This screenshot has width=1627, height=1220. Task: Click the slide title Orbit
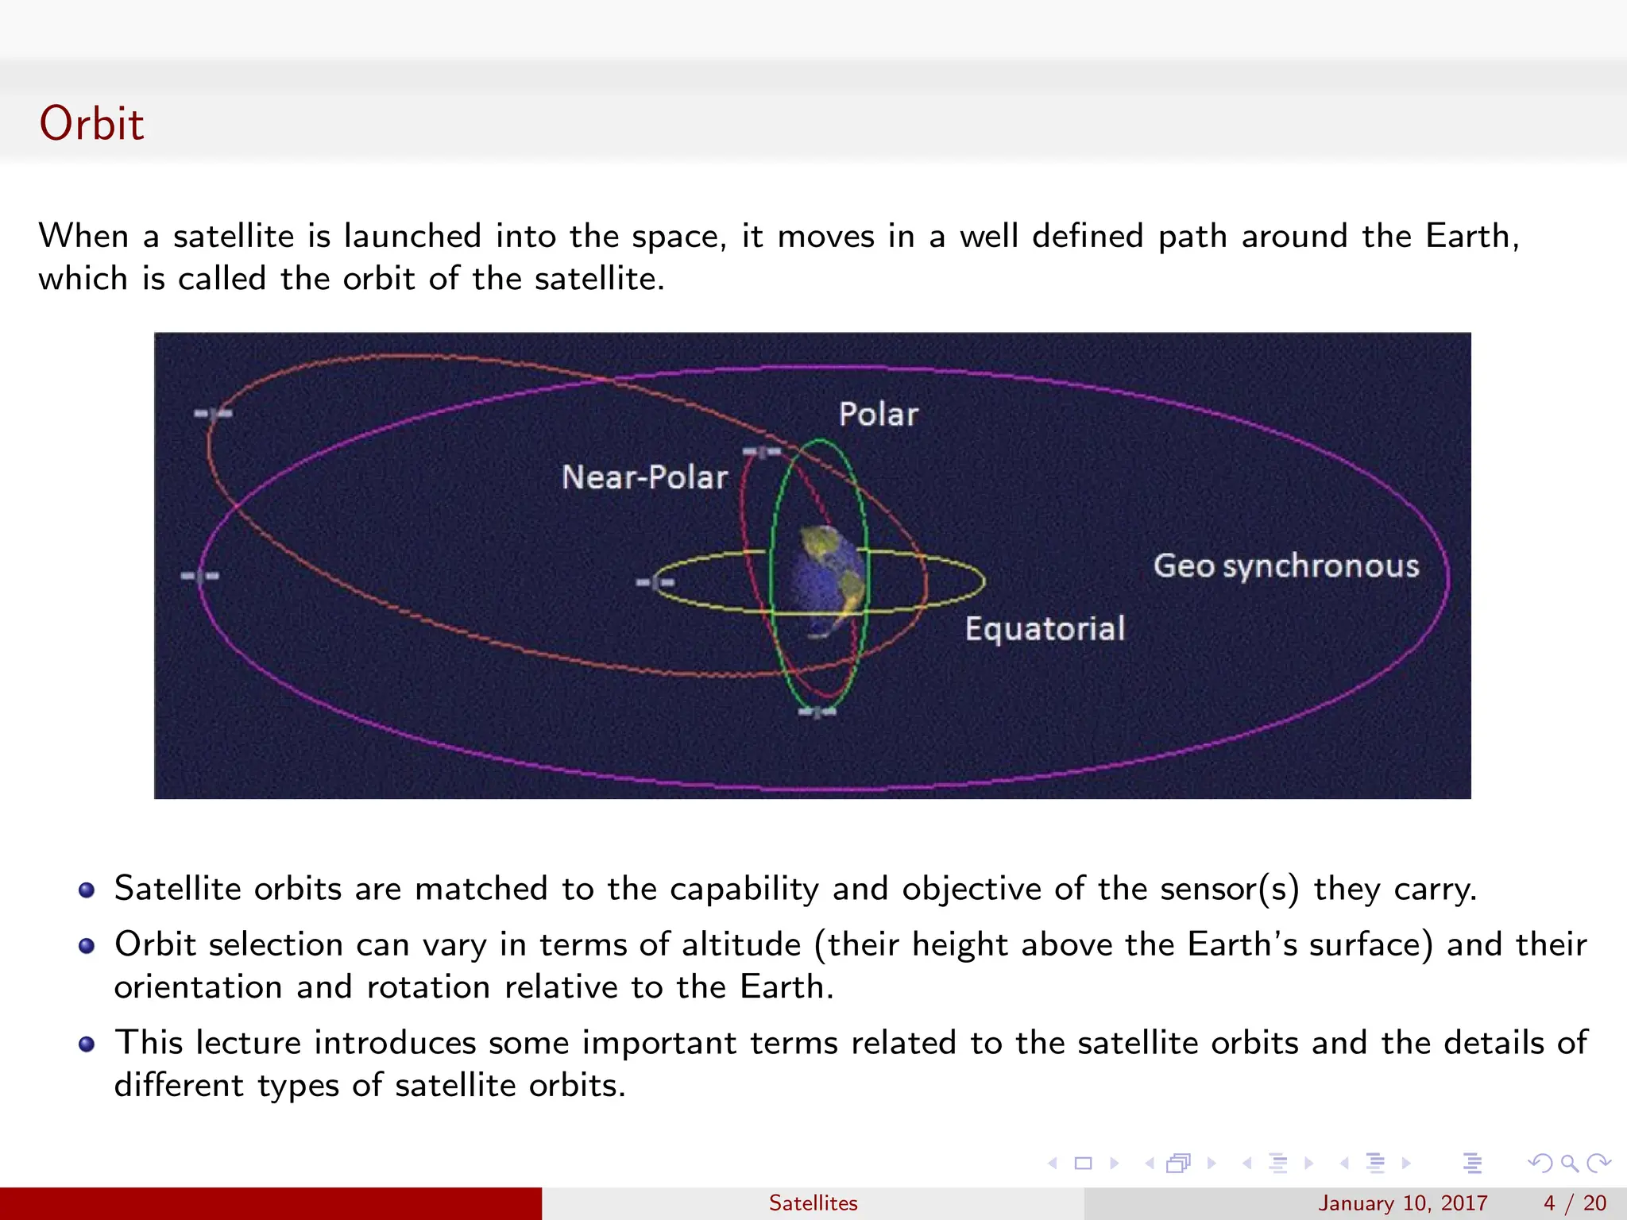91,124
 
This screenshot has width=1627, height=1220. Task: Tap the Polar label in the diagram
878,415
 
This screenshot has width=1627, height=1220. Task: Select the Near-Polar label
644,477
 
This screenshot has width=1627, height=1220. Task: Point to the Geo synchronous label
1285,566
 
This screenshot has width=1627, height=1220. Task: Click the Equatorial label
1045,629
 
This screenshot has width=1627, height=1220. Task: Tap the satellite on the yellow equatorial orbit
655,583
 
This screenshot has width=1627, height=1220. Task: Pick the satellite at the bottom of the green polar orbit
817,712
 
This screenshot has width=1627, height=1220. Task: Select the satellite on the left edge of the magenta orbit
199,576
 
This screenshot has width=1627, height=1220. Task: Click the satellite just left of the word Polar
762,453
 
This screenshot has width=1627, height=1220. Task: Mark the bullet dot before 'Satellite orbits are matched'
87,890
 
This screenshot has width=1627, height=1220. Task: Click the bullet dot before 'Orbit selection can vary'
87,946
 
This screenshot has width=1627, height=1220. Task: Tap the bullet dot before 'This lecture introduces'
87,1044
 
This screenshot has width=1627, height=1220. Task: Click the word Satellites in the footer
813,1203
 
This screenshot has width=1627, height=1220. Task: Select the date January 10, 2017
1402,1203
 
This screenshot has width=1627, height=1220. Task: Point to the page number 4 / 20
1574,1203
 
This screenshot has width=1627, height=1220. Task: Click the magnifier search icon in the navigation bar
1569,1164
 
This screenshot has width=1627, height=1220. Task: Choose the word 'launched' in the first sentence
412,237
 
